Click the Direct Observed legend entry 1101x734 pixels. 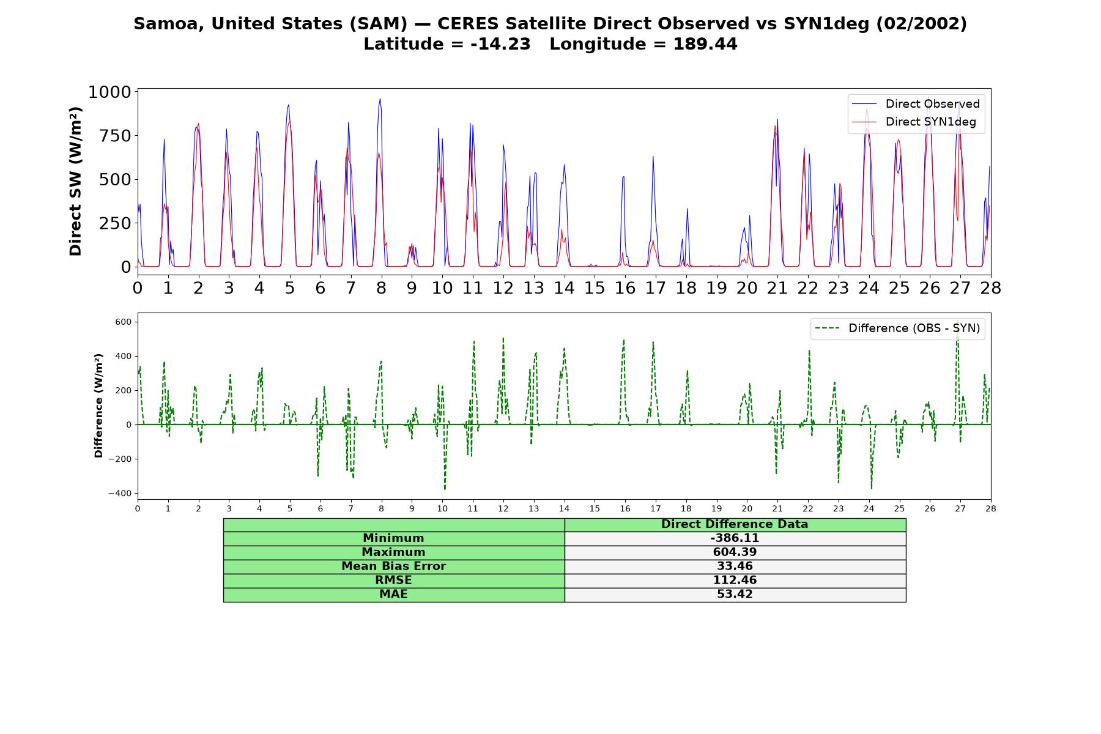916,104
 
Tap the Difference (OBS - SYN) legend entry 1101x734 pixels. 897,328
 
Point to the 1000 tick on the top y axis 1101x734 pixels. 109,92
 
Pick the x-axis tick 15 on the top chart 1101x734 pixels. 595,287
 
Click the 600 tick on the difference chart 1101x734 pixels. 122,322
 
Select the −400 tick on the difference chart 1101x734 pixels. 119,494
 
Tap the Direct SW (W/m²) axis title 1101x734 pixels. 75,182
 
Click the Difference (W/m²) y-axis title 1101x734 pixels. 98,406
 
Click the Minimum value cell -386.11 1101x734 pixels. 735,538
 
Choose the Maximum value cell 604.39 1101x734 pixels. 735,552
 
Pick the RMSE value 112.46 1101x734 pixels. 735,580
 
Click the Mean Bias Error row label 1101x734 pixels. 393,566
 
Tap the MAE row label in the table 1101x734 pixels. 393,595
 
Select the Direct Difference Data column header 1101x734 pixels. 735,524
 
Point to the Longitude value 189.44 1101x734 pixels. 705,44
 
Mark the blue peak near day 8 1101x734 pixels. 380,99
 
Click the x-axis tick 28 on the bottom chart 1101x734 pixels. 991,508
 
